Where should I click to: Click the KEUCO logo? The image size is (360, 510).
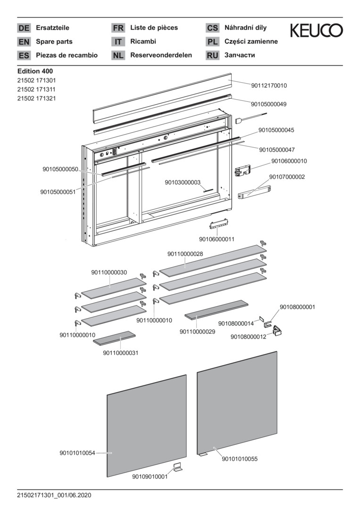point(316,31)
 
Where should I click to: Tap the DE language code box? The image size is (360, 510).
point(24,28)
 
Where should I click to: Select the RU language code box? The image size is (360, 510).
point(212,56)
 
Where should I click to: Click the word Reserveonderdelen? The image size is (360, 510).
point(161,55)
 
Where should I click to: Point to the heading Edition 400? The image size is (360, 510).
point(34,71)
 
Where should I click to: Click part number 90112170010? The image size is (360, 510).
point(269,86)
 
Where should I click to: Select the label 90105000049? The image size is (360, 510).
point(269,104)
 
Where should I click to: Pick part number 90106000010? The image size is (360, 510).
point(289,161)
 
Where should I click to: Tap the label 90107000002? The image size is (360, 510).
point(287,177)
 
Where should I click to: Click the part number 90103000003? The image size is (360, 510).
point(183,182)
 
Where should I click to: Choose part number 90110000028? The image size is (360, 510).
point(185,254)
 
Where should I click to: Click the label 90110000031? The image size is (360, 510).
point(120,352)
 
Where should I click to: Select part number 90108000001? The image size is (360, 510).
point(297,307)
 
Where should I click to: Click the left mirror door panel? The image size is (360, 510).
point(147,425)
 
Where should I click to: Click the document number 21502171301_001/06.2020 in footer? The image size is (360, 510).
point(54,495)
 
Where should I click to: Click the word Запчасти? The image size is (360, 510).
point(240,55)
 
